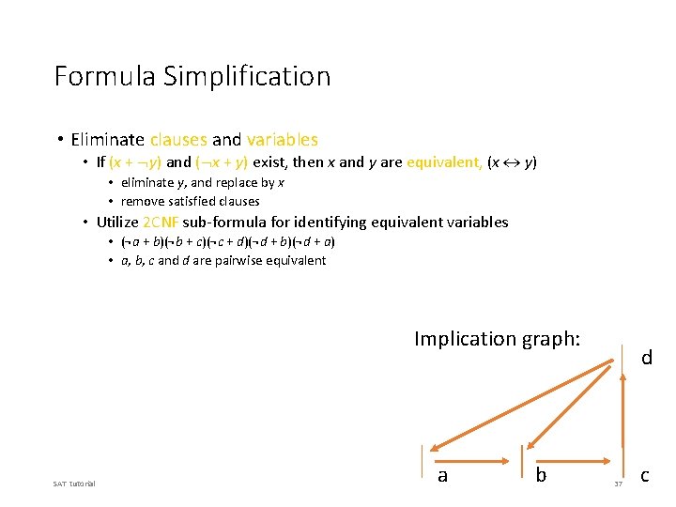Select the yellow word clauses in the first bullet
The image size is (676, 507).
click(x=178, y=140)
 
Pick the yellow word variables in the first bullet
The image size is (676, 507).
click(x=282, y=140)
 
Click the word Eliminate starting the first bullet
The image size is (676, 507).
click(x=107, y=140)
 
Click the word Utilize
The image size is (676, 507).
click(x=117, y=223)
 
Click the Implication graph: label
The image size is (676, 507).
click(x=497, y=339)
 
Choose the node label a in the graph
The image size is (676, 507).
click(x=442, y=476)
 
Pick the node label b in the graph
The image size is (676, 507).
click(x=540, y=476)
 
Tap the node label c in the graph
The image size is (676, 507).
click(x=644, y=476)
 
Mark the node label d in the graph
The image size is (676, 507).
click(x=646, y=358)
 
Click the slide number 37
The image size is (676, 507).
click(x=618, y=484)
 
